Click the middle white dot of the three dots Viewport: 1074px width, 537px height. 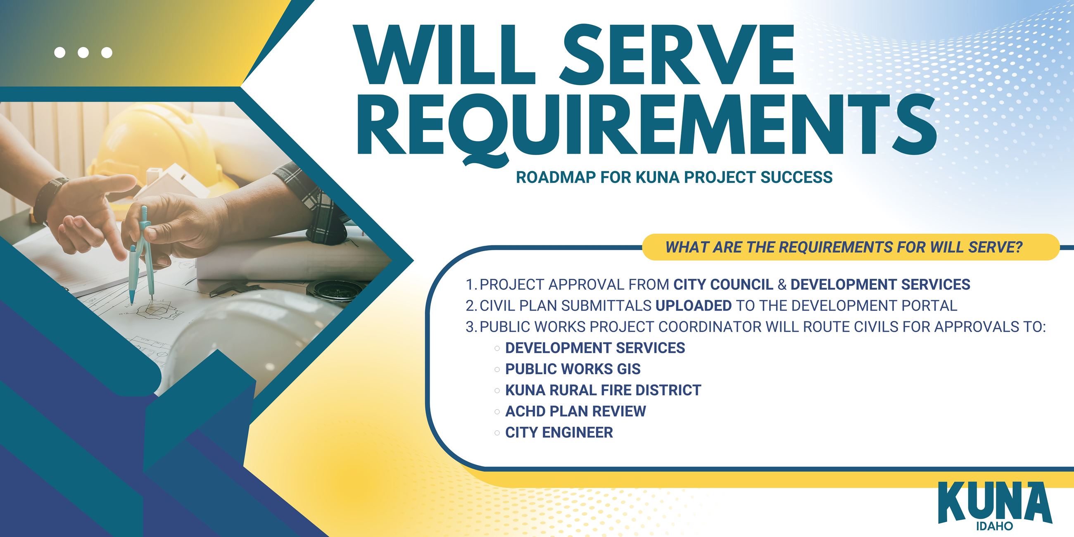click(83, 52)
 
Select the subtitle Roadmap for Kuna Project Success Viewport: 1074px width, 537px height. click(674, 177)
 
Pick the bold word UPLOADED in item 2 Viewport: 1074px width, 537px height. click(693, 306)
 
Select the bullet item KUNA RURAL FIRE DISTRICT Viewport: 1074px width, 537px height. click(603, 390)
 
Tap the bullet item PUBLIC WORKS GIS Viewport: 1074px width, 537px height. click(573, 369)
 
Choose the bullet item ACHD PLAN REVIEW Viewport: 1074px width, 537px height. click(575, 411)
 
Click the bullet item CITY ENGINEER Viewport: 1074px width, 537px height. click(558, 432)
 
